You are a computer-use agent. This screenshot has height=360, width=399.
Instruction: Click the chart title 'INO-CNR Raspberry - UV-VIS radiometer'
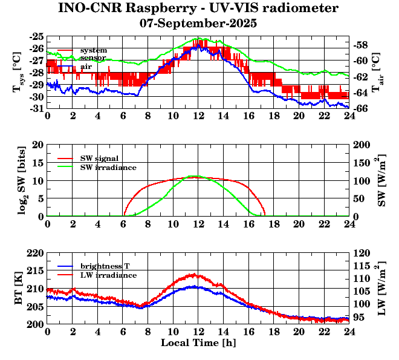(x=198, y=8)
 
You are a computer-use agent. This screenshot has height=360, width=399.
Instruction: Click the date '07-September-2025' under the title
(x=198, y=24)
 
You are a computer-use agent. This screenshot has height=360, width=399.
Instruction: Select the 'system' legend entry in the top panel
(x=93, y=50)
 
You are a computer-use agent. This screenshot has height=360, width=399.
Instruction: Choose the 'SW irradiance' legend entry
(x=108, y=167)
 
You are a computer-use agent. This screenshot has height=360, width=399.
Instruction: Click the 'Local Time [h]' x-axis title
(x=198, y=343)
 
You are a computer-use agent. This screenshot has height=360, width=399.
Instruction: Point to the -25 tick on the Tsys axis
(x=36, y=36)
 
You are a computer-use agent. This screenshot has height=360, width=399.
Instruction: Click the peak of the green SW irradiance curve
(x=193, y=176)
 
